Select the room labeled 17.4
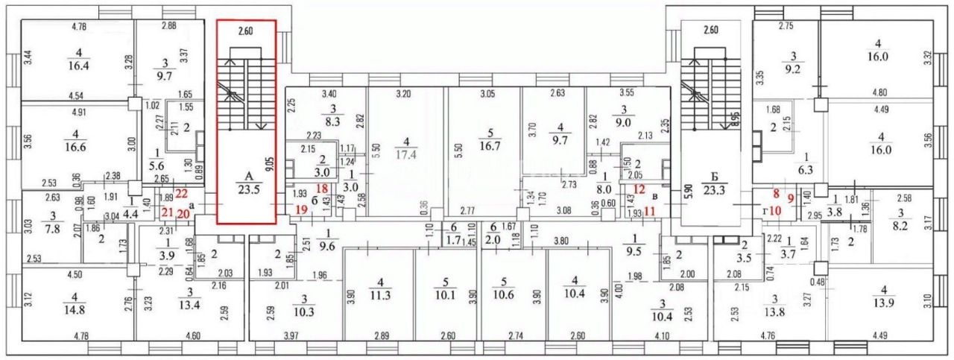tap(405, 156)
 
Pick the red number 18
tap(302, 189)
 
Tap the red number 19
tap(301, 210)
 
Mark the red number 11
tap(650, 211)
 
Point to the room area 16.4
tap(78, 66)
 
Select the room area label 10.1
tap(448, 294)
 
